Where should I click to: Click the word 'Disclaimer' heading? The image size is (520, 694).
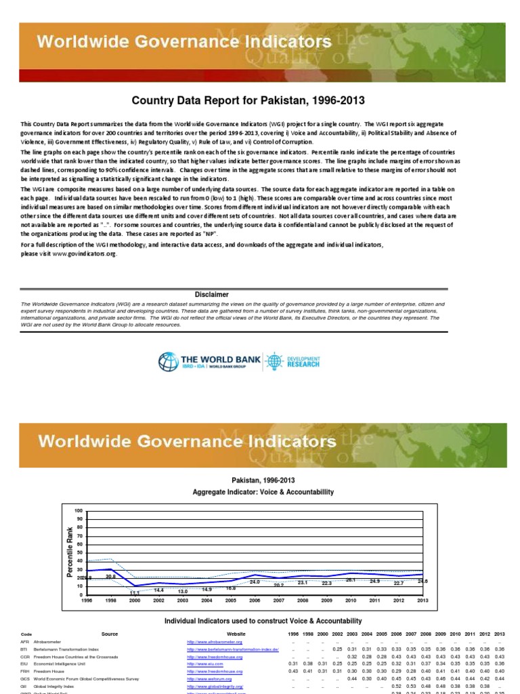pos(212,295)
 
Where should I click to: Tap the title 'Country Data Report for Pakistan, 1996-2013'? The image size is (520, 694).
pos(248,100)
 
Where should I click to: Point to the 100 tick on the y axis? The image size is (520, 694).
pos(78,510)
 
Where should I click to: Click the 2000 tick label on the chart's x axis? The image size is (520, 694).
pos(135,600)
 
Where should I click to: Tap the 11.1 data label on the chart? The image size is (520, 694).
pos(134,592)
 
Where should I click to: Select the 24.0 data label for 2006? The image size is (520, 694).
pos(255,582)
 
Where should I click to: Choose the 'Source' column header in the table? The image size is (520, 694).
pos(109,634)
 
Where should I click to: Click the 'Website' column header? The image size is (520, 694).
pos(226,634)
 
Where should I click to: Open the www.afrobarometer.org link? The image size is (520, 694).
pos(215,642)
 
